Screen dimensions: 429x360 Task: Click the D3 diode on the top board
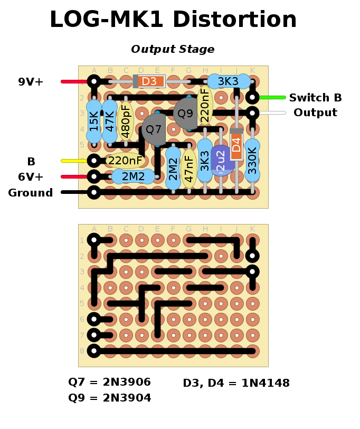click(x=150, y=81)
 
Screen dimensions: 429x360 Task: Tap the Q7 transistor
click(x=154, y=129)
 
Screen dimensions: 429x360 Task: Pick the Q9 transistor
click(x=185, y=113)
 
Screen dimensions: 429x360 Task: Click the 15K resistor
click(x=94, y=122)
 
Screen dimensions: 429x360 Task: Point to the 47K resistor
click(x=110, y=122)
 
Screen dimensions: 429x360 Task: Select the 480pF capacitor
click(x=126, y=121)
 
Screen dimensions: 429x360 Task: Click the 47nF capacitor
click(x=188, y=169)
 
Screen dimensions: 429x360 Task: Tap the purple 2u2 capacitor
click(x=221, y=160)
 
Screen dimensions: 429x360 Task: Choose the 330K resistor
click(x=252, y=160)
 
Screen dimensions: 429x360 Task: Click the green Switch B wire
click(x=271, y=97)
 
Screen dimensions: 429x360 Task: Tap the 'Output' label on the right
click(x=315, y=113)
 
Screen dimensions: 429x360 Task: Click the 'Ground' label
click(x=31, y=193)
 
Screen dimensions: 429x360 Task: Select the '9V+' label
click(x=31, y=82)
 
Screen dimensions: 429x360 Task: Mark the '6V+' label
click(x=31, y=177)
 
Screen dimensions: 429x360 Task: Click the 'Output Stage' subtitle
click(x=173, y=50)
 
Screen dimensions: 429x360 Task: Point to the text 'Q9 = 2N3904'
click(x=110, y=398)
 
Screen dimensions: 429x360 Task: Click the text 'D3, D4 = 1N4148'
click(x=236, y=384)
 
